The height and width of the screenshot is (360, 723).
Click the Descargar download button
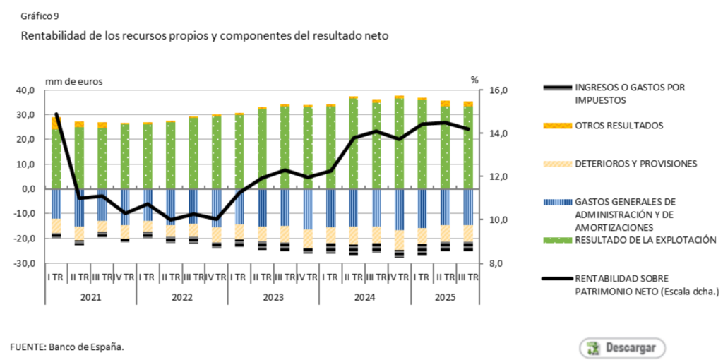(x=623, y=347)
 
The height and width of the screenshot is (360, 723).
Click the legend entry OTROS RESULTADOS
(x=619, y=125)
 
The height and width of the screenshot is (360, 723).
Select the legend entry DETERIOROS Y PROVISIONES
(x=635, y=164)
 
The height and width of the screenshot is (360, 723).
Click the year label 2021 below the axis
(x=90, y=297)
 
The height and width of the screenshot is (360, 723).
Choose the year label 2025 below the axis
(x=443, y=297)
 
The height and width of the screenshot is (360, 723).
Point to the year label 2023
(x=273, y=297)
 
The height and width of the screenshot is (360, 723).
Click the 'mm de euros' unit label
(x=73, y=80)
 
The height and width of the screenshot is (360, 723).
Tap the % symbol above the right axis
(x=474, y=80)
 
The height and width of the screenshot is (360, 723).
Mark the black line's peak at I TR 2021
(x=56, y=114)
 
